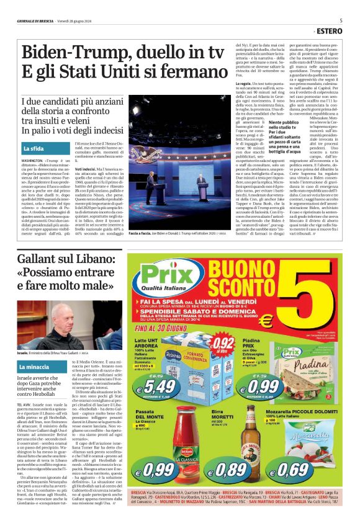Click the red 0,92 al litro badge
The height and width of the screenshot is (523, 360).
222,342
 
